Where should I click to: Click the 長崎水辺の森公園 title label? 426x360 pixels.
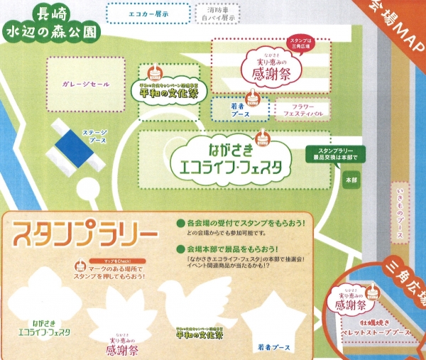pyautogui.click(x=50, y=23)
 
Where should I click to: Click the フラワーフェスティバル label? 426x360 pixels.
pyautogui.click(x=298, y=109)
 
